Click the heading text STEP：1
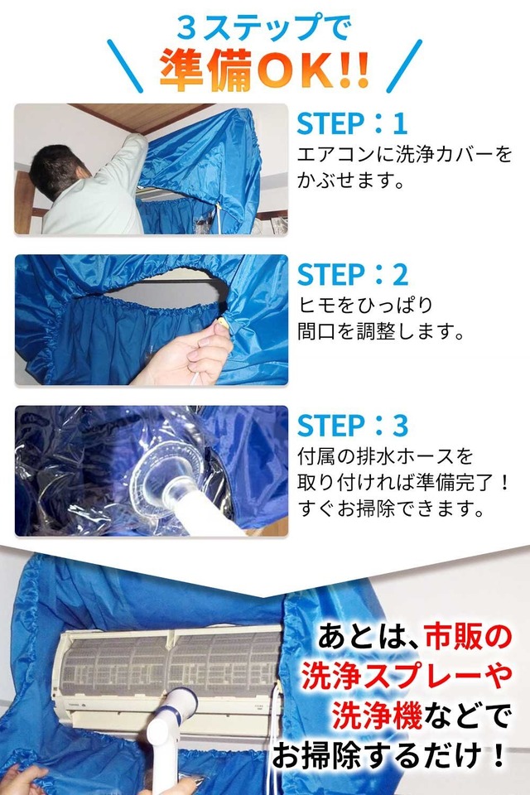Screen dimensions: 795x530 [353, 123]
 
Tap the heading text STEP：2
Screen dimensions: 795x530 [353, 275]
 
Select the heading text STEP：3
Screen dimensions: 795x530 [353, 426]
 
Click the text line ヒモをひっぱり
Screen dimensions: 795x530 [354, 306]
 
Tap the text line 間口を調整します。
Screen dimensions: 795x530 [379, 331]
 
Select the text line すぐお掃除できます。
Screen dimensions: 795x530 [393, 508]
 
